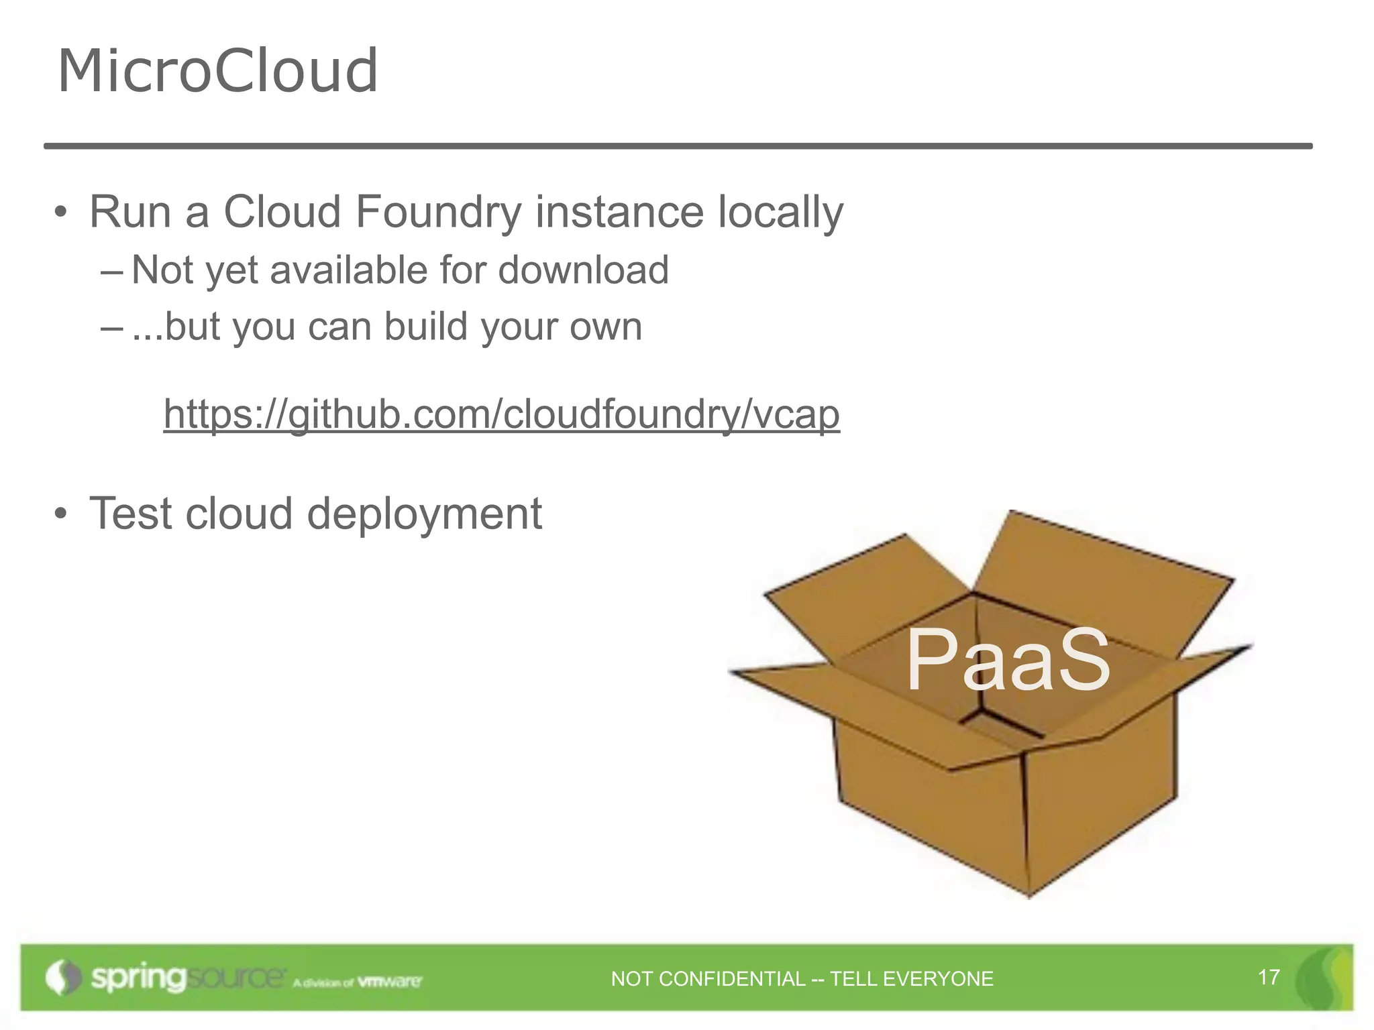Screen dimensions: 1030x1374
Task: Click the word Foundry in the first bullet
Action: pos(438,212)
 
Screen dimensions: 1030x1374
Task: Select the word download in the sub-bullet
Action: pos(583,270)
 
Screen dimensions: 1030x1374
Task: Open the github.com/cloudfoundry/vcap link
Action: pos(501,414)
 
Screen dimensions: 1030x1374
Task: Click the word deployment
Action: pos(424,514)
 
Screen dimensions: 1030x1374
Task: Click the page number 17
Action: pos(1269,977)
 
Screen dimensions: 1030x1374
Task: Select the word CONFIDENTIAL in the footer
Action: pos(732,979)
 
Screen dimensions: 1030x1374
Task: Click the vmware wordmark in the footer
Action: pos(390,982)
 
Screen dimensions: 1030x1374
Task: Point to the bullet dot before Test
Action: pos(61,514)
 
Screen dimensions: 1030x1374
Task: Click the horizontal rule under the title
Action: pos(678,146)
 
